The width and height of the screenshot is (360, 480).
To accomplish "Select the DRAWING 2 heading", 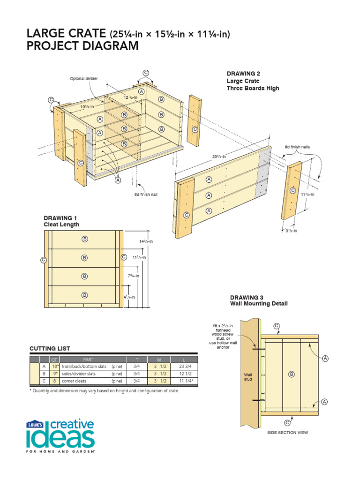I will pyautogui.click(x=243, y=74).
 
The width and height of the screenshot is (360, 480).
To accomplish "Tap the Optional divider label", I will pyautogui.click(x=84, y=78).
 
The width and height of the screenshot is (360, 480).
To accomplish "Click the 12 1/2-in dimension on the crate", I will pyautogui.click(x=131, y=97).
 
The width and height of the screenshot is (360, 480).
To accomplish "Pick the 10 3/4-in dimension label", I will pyautogui.click(x=87, y=106).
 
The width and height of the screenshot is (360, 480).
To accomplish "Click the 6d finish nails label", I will pyautogui.click(x=297, y=147).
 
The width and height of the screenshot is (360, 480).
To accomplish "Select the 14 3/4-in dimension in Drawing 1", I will pyautogui.click(x=146, y=241).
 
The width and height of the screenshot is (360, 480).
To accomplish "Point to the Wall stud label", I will pyautogui.click(x=248, y=377).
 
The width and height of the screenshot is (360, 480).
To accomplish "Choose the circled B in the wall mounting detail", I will pyautogui.click(x=291, y=374).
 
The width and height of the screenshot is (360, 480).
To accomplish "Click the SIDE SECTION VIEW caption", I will pyautogui.click(x=287, y=433).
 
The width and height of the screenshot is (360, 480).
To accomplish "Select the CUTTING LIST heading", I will pyautogui.click(x=50, y=348).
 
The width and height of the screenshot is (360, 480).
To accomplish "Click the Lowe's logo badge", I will pyautogui.click(x=35, y=424).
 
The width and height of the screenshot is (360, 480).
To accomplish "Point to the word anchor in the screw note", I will pyautogui.click(x=220, y=348).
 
